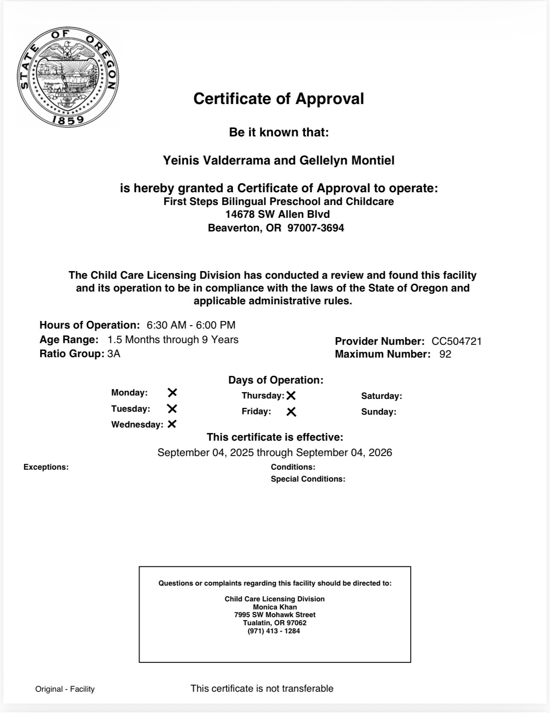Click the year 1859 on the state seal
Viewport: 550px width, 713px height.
(x=68, y=120)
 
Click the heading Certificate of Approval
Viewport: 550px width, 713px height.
(x=278, y=99)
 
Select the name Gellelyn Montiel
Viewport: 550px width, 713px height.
(x=347, y=161)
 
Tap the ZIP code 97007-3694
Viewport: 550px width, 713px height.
(x=316, y=228)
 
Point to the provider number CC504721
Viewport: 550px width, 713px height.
(x=456, y=341)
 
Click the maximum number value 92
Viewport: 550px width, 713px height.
(x=445, y=354)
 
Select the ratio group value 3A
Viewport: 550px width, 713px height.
(x=114, y=354)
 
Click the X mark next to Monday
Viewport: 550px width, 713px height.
(x=172, y=393)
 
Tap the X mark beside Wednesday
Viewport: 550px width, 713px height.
(x=172, y=424)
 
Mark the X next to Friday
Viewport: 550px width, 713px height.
(x=291, y=412)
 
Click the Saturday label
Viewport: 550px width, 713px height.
(x=381, y=396)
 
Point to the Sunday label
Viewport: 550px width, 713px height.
(x=378, y=412)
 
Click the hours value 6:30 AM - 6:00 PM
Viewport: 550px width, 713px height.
(x=191, y=325)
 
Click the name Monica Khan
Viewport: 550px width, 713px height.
(x=275, y=607)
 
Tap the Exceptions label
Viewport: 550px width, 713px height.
(x=46, y=467)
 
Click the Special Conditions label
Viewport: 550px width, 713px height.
(x=308, y=479)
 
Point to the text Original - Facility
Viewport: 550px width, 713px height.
(x=65, y=689)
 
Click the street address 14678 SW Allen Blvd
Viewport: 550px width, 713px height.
(x=278, y=214)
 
